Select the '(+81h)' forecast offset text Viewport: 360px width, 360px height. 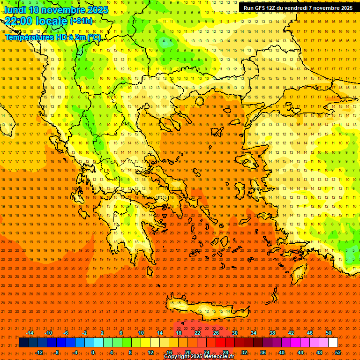click(81, 21)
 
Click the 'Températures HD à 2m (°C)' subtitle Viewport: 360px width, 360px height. click(53, 37)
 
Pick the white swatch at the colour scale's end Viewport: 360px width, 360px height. click(333, 343)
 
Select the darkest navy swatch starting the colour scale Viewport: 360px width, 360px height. click(23, 343)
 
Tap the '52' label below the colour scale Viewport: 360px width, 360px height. click(338, 352)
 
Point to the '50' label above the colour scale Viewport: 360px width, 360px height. click(329, 333)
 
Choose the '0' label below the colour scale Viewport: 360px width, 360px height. click(93, 352)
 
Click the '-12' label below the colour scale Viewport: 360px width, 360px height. click(39, 352)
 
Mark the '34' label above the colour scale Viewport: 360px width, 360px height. click(254, 333)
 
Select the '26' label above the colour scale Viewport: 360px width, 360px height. click(216, 333)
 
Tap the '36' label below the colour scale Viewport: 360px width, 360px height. click(263, 352)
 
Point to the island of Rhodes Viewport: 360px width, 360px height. click(299, 273)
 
